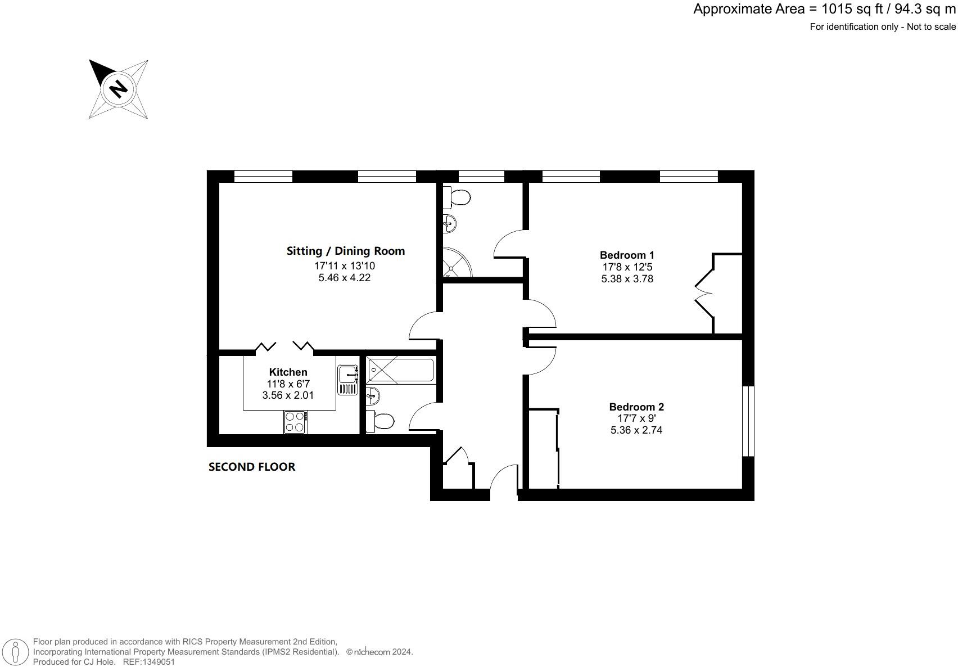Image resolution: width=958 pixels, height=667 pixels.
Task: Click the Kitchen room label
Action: point(288,372)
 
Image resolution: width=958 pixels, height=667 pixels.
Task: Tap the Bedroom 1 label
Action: point(627,255)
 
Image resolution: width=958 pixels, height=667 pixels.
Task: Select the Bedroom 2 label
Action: point(636,407)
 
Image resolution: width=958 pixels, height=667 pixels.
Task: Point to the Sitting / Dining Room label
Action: point(345,251)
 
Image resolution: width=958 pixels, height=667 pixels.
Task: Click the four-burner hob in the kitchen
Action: point(295,422)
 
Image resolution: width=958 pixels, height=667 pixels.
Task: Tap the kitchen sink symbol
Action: point(347,378)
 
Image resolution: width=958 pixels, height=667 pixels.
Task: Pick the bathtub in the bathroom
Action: point(400,371)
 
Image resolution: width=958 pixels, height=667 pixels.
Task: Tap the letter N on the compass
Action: point(118,89)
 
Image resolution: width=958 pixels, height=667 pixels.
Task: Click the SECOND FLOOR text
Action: point(251,466)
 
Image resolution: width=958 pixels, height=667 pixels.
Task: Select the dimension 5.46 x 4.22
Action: point(345,277)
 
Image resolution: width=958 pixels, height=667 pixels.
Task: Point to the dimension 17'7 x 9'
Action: point(636,418)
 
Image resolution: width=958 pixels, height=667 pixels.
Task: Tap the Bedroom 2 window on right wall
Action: point(748,421)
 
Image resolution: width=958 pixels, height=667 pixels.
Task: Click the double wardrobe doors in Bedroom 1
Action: point(703,292)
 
